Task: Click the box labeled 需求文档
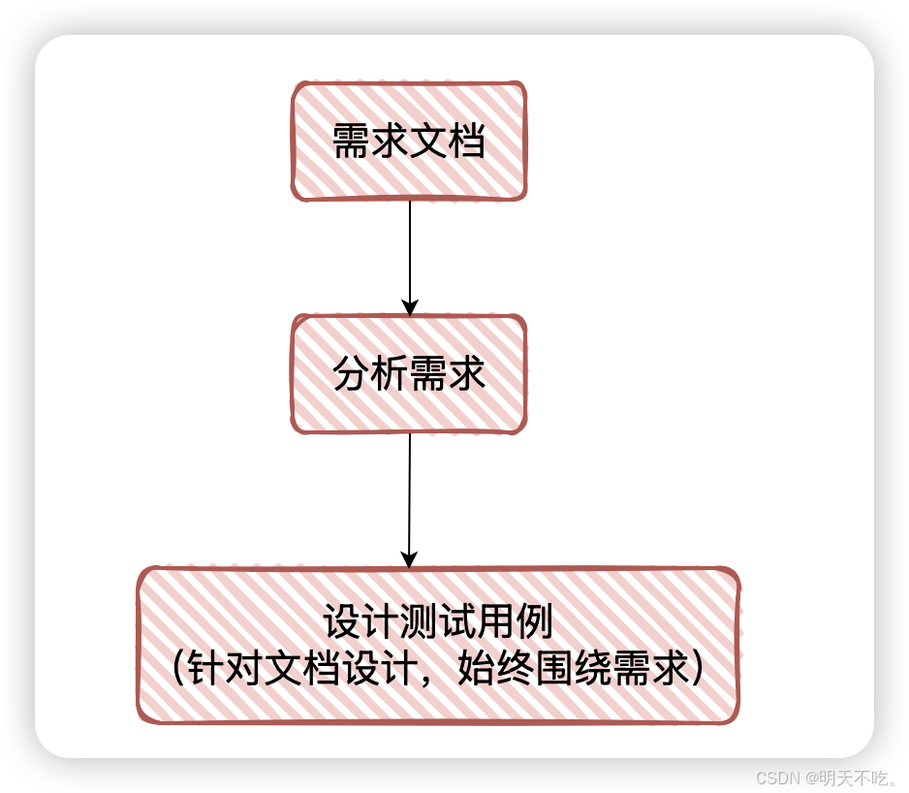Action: click(409, 141)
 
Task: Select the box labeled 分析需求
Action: click(409, 373)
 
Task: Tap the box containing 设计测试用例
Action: click(438, 645)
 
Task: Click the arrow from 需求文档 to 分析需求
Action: click(410, 252)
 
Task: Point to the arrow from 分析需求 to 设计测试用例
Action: click(410, 494)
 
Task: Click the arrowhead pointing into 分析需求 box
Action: click(410, 307)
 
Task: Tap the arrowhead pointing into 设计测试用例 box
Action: click(409, 559)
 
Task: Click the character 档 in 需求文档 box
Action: click(466, 142)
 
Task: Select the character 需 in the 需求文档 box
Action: click(351, 142)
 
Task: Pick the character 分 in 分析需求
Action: click(351, 374)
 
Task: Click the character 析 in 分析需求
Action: click(390, 374)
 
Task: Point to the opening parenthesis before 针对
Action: click(177, 669)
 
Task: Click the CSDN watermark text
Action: click(774, 777)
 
